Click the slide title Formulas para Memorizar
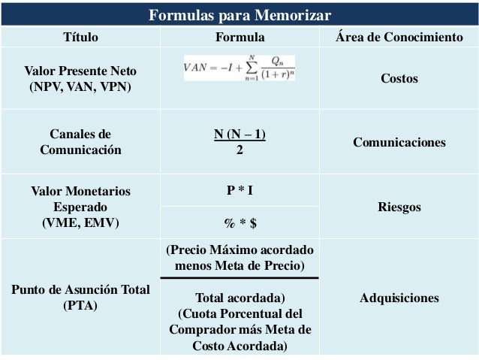pyautogui.click(x=239, y=15)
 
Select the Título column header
pyautogui.click(x=80, y=36)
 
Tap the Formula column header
pyautogui.click(x=239, y=36)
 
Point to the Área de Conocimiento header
pyautogui.click(x=399, y=36)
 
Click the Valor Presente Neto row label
pyautogui.click(x=80, y=78)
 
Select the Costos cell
pyautogui.click(x=399, y=78)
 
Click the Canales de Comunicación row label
pyautogui.click(x=80, y=142)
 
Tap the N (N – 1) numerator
pyautogui.click(x=239, y=135)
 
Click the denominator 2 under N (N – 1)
pyautogui.click(x=239, y=149)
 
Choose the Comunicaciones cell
pyautogui.click(x=399, y=142)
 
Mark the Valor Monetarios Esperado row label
pyautogui.click(x=80, y=207)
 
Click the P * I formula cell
pyautogui.click(x=239, y=190)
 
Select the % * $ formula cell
pyautogui.click(x=239, y=222)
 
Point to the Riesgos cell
pyautogui.click(x=399, y=207)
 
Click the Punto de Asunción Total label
pyautogui.click(x=80, y=298)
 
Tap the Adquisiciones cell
pyautogui.click(x=399, y=298)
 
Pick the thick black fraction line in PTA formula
pyautogui.click(x=239, y=278)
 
